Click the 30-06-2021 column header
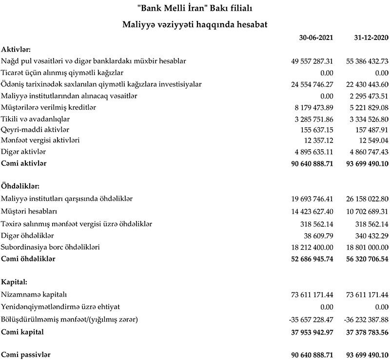(315, 38)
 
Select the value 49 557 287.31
(312, 61)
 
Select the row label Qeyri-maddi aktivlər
(36, 129)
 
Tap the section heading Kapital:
(15, 282)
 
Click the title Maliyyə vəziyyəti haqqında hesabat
(195, 22)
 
